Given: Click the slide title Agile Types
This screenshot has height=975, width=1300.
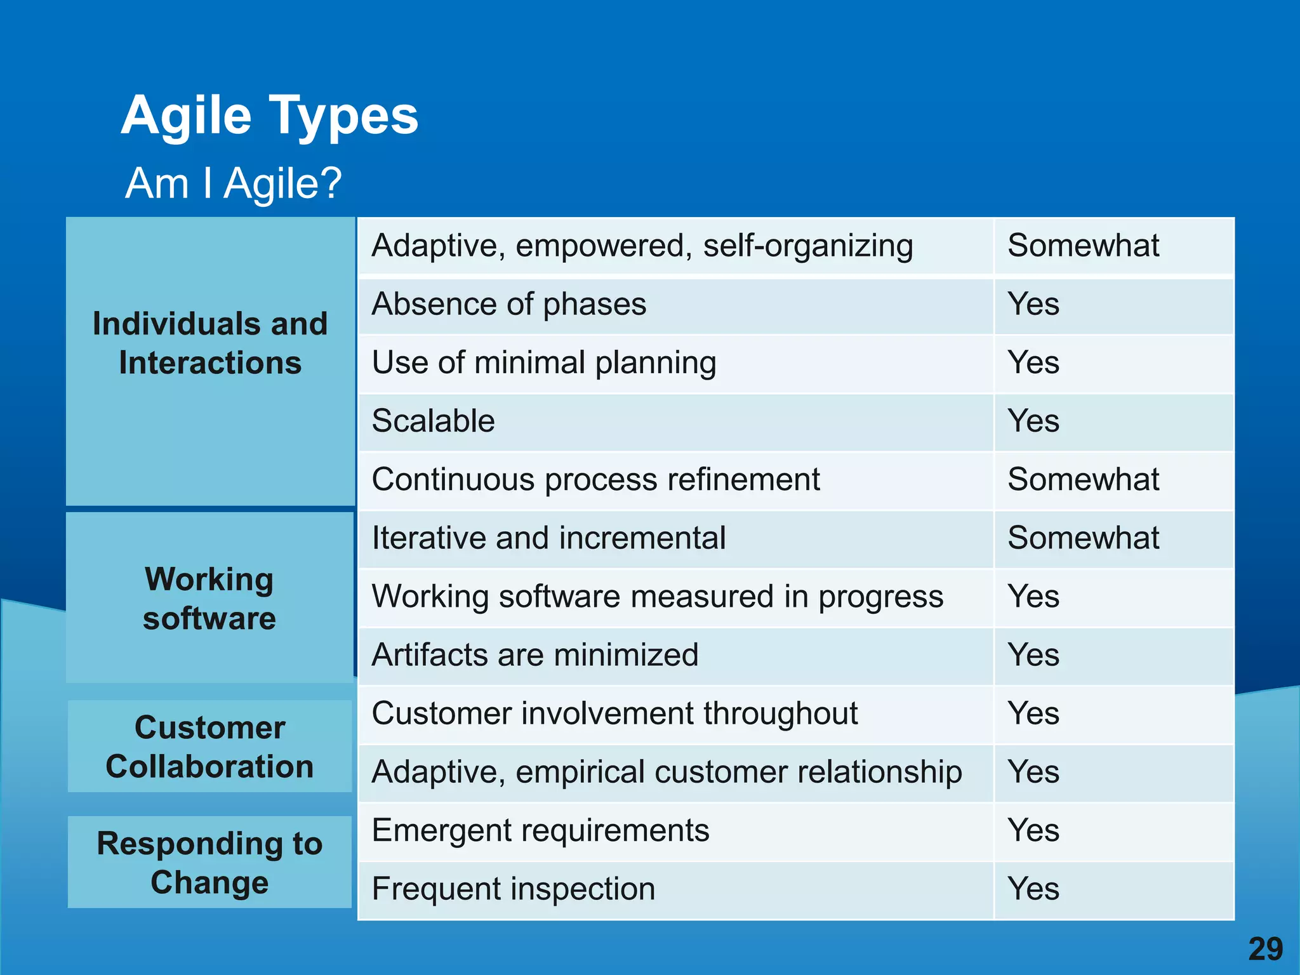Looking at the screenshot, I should click(x=270, y=116).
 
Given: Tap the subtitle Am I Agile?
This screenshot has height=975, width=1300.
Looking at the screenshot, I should click(x=234, y=183).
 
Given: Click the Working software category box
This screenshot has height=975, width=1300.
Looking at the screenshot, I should click(x=209, y=599).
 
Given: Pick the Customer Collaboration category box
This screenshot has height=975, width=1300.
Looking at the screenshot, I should click(x=209, y=746).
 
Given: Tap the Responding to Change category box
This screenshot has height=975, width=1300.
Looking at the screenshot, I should click(x=209, y=863).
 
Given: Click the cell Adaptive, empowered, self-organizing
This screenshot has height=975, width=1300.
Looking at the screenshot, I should click(x=642, y=246).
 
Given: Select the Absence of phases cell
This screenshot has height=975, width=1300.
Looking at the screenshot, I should click(x=508, y=304).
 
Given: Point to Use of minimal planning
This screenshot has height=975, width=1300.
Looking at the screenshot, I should click(x=544, y=362).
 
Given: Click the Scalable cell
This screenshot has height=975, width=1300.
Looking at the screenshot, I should click(x=433, y=421).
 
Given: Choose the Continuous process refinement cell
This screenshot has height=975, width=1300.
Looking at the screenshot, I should click(x=595, y=480).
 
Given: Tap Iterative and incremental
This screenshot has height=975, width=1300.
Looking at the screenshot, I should click(x=548, y=538).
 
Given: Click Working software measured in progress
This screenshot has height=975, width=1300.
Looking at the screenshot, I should click(x=657, y=597).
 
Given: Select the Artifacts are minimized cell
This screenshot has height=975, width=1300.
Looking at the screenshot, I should click(x=534, y=655).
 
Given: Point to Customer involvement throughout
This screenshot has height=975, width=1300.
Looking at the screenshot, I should click(x=614, y=713).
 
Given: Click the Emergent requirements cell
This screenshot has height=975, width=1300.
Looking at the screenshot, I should click(x=540, y=830).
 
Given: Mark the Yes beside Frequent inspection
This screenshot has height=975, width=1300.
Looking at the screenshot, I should click(x=1033, y=889).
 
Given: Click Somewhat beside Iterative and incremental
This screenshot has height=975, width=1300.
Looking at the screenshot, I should click(x=1083, y=538).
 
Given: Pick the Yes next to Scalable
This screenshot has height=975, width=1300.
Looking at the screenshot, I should click(x=1033, y=421).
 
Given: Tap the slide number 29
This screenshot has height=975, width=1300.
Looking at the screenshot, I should click(x=1265, y=949).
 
